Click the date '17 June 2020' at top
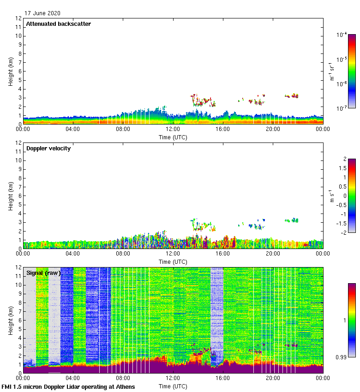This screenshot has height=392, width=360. tap(42, 13)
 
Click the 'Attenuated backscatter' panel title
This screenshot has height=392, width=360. tap(59, 24)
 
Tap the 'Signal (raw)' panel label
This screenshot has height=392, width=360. tap(43, 273)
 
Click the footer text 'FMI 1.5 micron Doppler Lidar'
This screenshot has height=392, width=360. tap(68, 386)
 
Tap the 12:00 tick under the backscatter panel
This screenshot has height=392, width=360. tap(173, 129)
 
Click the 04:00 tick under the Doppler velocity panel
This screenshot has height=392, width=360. tap(73, 254)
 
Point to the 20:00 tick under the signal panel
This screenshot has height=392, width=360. tap(273, 378)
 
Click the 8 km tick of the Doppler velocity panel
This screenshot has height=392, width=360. tap(19, 178)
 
